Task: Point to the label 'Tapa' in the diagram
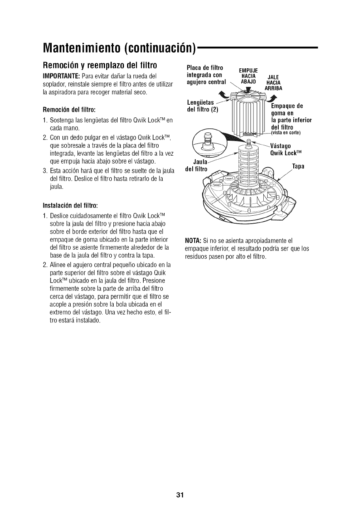click(x=298, y=166)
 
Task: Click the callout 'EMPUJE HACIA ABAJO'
click(x=249, y=76)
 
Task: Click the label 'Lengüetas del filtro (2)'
click(x=202, y=106)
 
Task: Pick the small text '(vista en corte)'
click(x=286, y=133)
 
